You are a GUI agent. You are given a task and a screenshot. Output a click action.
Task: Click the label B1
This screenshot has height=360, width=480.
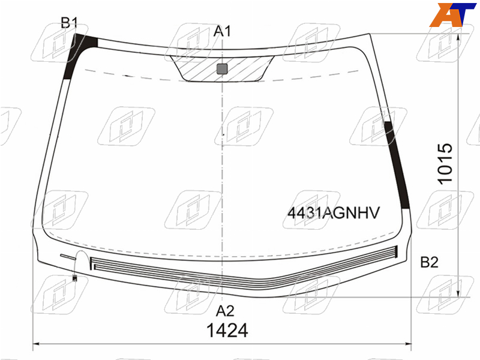70,23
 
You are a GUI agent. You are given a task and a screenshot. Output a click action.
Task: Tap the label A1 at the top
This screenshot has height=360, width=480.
222,31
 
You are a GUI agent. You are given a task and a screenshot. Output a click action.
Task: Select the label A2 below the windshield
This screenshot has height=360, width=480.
225,311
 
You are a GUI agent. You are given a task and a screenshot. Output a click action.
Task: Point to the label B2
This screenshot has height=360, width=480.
429,262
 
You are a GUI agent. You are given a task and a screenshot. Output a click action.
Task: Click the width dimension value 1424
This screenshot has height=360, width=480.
227,331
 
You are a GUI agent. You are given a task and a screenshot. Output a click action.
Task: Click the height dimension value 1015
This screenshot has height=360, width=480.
445,163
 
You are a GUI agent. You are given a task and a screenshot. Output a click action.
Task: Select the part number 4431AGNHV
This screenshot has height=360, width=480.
334,212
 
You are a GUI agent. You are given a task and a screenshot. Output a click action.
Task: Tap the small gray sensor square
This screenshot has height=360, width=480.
222,69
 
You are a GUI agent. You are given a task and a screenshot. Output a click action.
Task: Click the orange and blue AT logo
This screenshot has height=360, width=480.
453,14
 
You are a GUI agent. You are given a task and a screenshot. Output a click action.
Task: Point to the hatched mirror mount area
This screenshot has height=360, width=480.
222,68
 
